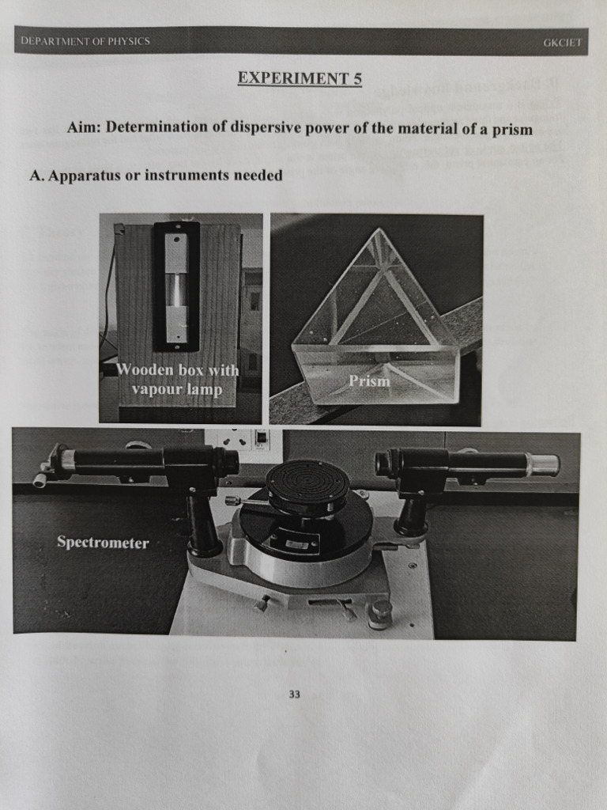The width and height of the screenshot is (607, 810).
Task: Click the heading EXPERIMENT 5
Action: pyautogui.click(x=300, y=78)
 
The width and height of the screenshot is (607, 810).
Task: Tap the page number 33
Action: pyautogui.click(x=295, y=695)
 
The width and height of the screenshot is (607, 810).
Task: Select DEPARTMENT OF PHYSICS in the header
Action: pyautogui.click(x=85, y=41)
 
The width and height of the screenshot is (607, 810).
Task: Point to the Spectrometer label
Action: pyautogui.click(x=103, y=543)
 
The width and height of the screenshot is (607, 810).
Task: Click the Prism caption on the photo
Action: pyautogui.click(x=370, y=381)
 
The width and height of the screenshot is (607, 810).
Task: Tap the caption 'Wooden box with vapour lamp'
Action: pyautogui.click(x=178, y=379)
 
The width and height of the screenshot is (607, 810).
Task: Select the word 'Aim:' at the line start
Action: pyautogui.click(x=84, y=127)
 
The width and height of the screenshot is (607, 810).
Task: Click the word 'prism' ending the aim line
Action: pyautogui.click(x=514, y=128)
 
